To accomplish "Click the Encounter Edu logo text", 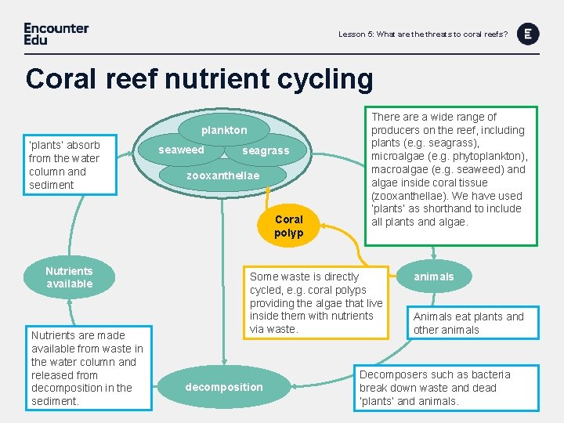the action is coord(56,33).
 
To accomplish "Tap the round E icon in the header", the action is coord(529,33).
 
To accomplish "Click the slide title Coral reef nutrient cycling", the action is coord(199,79).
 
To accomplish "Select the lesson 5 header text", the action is coord(422,34).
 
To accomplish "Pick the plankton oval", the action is coord(224,130).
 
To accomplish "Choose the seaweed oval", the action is coord(182,150).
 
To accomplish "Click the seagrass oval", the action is coord(266,150).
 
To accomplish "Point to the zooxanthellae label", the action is coord(222,175).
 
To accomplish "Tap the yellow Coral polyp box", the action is coord(288,226).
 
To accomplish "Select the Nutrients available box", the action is coord(69,277).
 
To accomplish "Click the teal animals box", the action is coord(434,277).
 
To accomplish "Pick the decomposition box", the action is coord(224,387).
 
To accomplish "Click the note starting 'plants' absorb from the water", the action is coord(64,164).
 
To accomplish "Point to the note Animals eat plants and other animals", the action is coord(468,323).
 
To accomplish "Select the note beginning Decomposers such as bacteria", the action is coord(435,387).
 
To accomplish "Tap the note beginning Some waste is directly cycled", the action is coord(316,302).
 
